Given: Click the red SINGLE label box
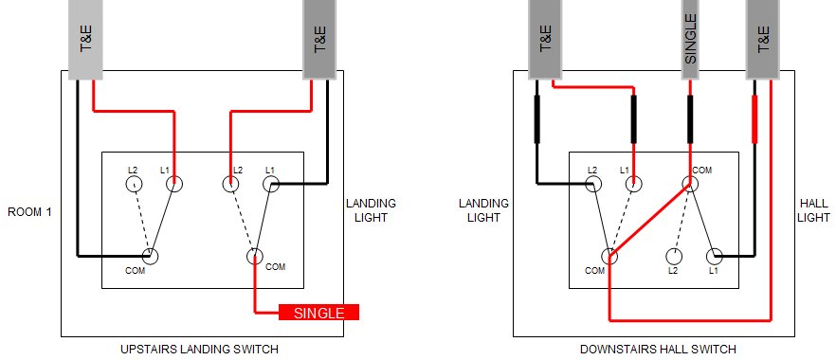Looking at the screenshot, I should pyautogui.click(x=318, y=313).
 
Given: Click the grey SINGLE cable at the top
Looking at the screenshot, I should pyautogui.click(x=691, y=38).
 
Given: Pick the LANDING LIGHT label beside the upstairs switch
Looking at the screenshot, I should pyautogui.click(x=371, y=211).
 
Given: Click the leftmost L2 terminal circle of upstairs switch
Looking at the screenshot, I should pyautogui.click(x=134, y=184).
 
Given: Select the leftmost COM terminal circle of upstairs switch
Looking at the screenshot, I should pyautogui.click(x=150, y=256).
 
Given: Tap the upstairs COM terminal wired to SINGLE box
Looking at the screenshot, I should pyautogui.click(x=255, y=256).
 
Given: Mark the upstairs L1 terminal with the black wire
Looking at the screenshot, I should pyautogui.click(x=272, y=184).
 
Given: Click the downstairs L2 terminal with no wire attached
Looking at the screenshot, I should pyautogui.click(x=674, y=256).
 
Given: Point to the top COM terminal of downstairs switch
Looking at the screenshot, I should pyautogui.click(x=691, y=184).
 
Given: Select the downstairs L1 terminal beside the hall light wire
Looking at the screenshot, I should pyautogui.click(x=715, y=256).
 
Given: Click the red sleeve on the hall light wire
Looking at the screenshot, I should pyautogui.click(x=754, y=118).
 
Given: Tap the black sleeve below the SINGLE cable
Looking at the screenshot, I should pyautogui.click(x=691, y=118).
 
